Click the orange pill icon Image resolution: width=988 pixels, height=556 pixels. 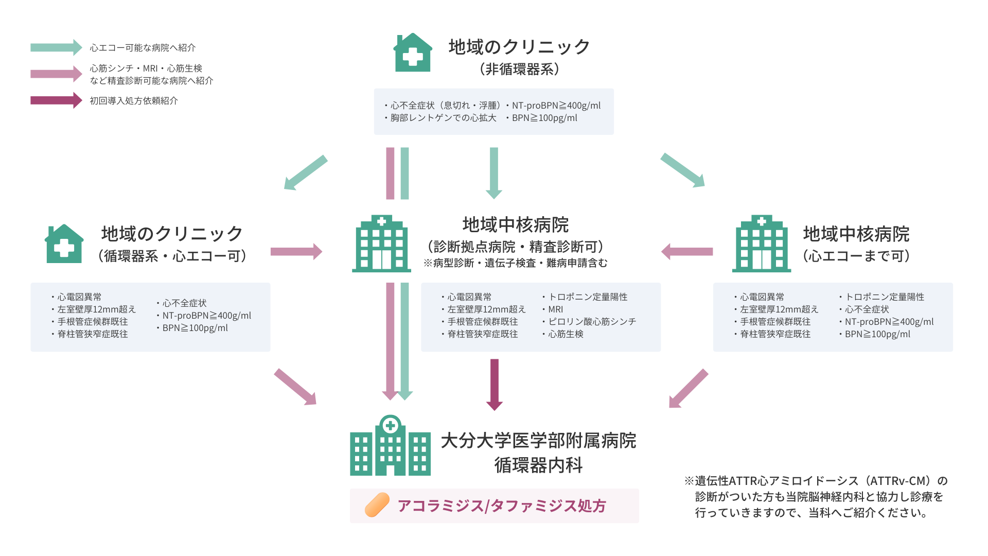click(x=377, y=505)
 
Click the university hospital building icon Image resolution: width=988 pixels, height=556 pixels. click(x=390, y=445)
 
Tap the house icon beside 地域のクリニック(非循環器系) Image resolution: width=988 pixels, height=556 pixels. click(x=413, y=53)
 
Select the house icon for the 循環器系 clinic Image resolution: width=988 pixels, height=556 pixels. click(x=64, y=244)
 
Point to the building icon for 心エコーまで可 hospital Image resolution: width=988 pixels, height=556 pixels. click(x=762, y=244)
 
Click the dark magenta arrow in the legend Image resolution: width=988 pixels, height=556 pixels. click(x=56, y=100)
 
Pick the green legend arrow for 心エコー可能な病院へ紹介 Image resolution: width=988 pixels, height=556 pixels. click(x=56, y=47)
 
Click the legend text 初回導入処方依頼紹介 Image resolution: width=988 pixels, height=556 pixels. click(x=134, y=101)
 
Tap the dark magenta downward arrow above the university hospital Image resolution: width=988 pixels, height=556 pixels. click(x=495, y=385)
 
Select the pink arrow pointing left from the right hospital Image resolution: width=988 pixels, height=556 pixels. click(x=687, y=252)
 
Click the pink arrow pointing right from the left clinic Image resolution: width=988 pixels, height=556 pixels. click(x=296, y=252)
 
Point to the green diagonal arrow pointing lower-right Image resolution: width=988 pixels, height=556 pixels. click(x=683, y=170)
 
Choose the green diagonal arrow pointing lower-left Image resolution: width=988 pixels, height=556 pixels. click(x=306, y=172)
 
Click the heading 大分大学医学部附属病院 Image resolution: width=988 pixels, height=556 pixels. click(x=539, y=441)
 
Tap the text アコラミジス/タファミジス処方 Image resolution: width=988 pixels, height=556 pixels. click(x=502, y=506)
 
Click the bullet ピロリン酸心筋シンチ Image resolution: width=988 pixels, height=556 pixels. click(x=589, y=322)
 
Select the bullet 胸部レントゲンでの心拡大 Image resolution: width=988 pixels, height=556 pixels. click(x=440, y=118)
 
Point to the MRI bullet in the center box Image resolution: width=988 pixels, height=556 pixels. click(x=553, y=309)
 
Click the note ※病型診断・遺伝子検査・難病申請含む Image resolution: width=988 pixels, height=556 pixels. click(x=516, y=263)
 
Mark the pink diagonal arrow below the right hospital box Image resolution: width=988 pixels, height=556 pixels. click(x=689, y=389)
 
